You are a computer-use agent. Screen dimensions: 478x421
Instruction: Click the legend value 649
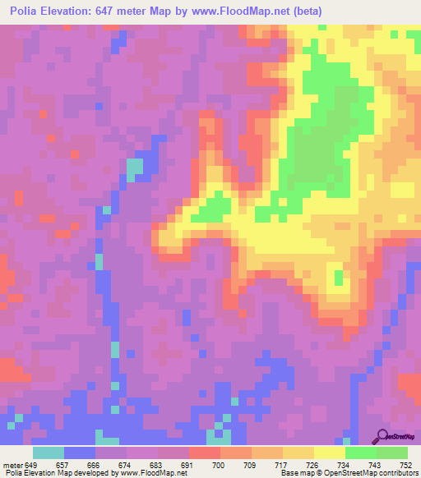pyautogui.click(x=31, y=464)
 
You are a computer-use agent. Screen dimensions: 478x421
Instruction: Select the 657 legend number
pyautogui.click(x=62, y=464)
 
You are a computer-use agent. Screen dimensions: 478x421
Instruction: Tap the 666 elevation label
pyautogui.click(x=93, y=464)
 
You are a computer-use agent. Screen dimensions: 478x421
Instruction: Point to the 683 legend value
pyautogui.click(x=155, y=464)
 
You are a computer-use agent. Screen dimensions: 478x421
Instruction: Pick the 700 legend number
pyautogui.click(x=218, y=464)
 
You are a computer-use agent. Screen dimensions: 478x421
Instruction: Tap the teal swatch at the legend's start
pyautogui.click(x=48, y=453)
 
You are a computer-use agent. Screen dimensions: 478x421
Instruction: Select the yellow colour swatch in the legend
pyautogui.click(x=329, y=453)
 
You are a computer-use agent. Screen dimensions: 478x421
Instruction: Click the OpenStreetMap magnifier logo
pyautogui.click(x=383, y=435)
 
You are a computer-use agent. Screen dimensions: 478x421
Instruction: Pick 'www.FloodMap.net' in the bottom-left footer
pyautogui.click(x=153, y=473)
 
